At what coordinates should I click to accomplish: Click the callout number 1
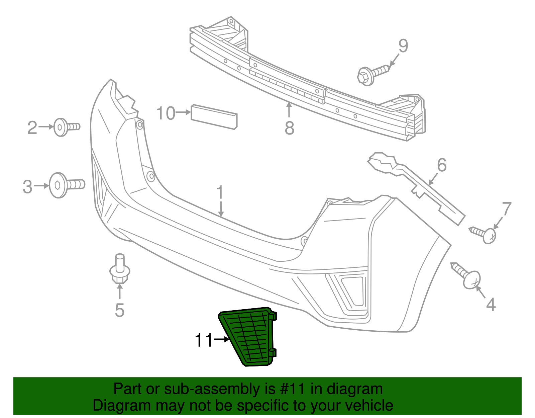pyautogui.click(x=220, y=193)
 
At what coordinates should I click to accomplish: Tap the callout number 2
pyautogui.click(x=32, y=128)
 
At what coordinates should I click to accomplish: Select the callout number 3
pyautogui.click(x=27, y=186)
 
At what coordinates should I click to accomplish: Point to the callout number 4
pyautogui.click(x=491, y=305)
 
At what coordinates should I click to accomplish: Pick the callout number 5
pyautogui.click(x=119, y=310)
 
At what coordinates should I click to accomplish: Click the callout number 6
pyautogui.click(x=442, y=165)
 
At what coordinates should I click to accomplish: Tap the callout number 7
pyautogui.click(x=507, y=209)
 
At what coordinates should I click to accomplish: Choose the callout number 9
pyautogui.click(x=403, y=46)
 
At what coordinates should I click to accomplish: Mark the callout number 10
pyautogui.click(x=166, y=113)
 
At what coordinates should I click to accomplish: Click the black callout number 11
pyautogui.click(x=204, y=340)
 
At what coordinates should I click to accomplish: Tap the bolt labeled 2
pyautogui.click(x=66, y=127)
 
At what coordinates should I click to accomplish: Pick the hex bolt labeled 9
pyautogui.click(x=373, y=75)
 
